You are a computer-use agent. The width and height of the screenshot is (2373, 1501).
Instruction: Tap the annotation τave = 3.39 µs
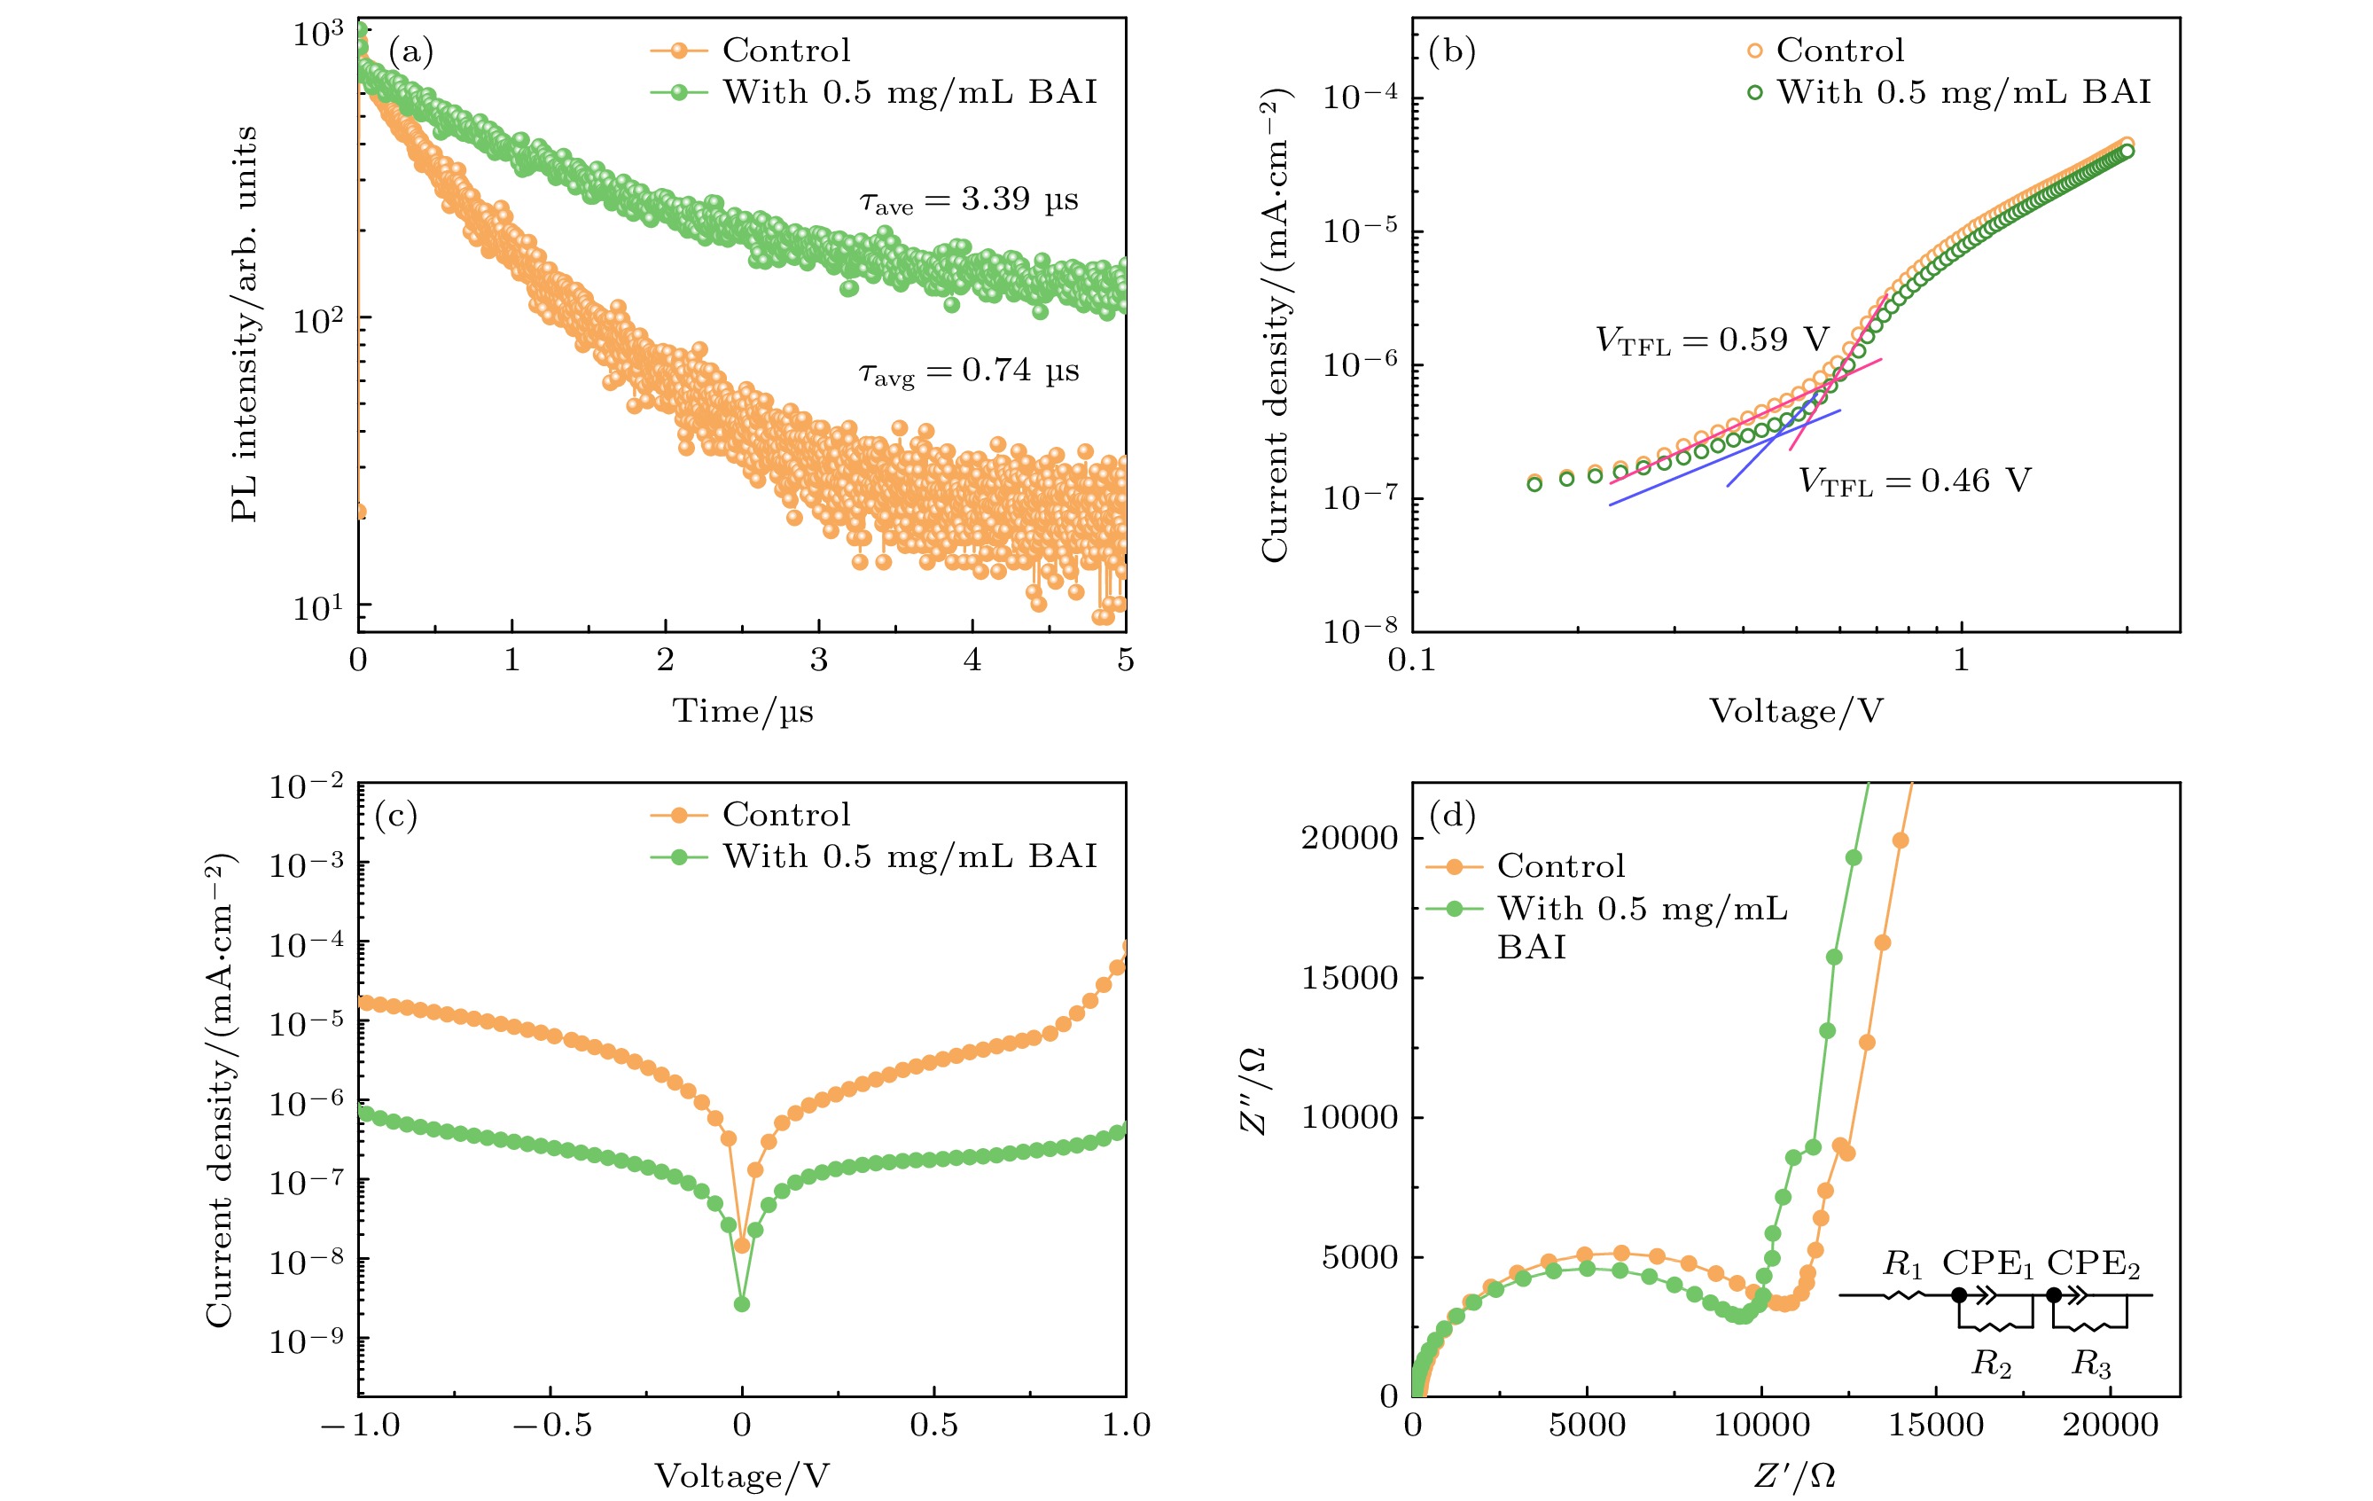(x=969, y=200)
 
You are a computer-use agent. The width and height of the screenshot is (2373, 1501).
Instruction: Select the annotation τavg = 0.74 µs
(x=969, y=371)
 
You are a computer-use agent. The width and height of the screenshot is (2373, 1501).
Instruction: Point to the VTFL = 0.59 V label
(x=1712, y=341)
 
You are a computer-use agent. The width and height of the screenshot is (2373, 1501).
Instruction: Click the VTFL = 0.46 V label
(x=1914, y=481)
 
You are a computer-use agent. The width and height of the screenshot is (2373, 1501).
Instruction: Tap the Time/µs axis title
(x=742, y=710)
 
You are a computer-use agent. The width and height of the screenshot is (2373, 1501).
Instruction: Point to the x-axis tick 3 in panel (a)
(x=819, y=661)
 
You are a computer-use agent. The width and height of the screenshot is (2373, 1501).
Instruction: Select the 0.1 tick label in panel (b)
(x=1411, y=661)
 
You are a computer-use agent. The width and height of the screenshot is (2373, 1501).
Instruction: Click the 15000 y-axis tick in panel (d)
(x=1349, y=978)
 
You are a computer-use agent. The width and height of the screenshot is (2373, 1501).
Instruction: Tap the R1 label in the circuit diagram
(x=1902, y=1264)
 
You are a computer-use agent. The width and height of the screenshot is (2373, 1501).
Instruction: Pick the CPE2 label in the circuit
(x=2093, y=1264)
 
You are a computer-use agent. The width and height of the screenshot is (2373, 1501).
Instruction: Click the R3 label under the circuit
(x=2090, y=1364)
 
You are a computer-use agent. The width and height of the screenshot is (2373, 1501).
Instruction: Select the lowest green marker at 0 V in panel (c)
(x=742, y=1304)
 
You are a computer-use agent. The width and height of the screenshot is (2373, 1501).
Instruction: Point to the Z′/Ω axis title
(x=1794, y=1475)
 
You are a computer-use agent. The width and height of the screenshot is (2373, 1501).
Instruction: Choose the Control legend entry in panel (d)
(x=1560, y=866)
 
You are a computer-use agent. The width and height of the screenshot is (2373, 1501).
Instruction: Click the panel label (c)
(x=396, y=815)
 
